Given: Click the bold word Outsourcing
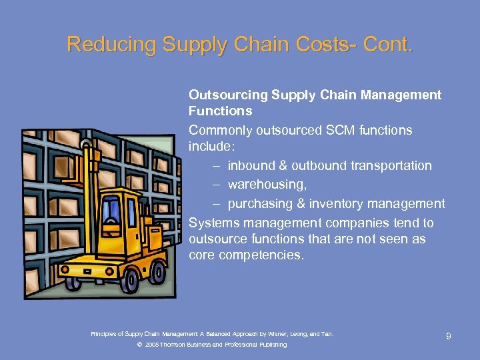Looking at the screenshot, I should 227,95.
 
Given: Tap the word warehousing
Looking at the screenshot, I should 267,184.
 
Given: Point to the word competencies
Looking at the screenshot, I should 259,255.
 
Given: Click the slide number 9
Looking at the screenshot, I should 448,337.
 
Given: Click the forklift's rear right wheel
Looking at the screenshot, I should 157,271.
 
